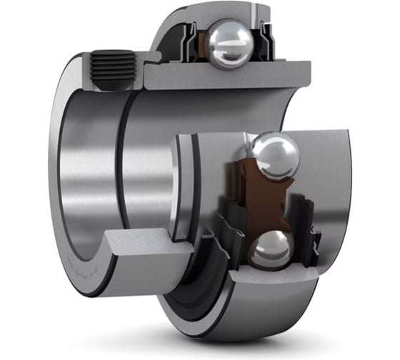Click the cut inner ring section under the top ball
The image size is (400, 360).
point(229,75)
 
